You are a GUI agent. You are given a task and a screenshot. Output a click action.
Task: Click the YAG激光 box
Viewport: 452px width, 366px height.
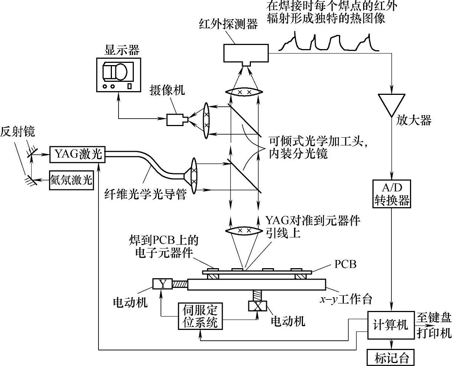[x=78, y=154]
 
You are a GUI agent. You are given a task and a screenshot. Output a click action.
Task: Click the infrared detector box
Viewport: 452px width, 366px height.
[x=246, y=53]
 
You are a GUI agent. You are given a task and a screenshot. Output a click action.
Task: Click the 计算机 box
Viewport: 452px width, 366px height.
[x=390, y=324]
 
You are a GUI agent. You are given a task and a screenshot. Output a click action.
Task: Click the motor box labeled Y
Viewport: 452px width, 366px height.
[x=162, y=284]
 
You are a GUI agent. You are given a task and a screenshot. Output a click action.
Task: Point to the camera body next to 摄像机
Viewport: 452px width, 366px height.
[x=177, y=119]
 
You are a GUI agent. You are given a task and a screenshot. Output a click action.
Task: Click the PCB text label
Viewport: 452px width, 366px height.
[x=345, y=264]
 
